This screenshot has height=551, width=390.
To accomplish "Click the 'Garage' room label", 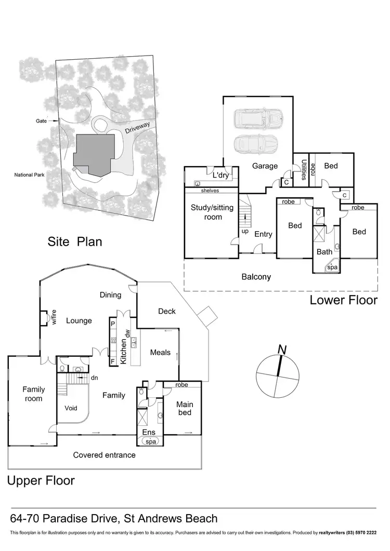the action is tap(264, 166).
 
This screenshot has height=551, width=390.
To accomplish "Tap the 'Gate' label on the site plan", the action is tap(41, 120).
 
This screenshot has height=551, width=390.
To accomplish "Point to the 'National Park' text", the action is tap(29, 174).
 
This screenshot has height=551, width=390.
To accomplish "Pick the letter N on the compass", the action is tap(282, 351).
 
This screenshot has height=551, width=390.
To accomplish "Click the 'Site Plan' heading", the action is tap(75, 241).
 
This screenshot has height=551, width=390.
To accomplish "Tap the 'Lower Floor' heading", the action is tap(343, 300).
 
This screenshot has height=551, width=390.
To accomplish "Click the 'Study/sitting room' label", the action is tap(206, 212).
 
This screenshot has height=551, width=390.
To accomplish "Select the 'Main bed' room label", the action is tap(185, 408).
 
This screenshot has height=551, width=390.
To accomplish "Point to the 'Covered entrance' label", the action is tap(104, 455).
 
